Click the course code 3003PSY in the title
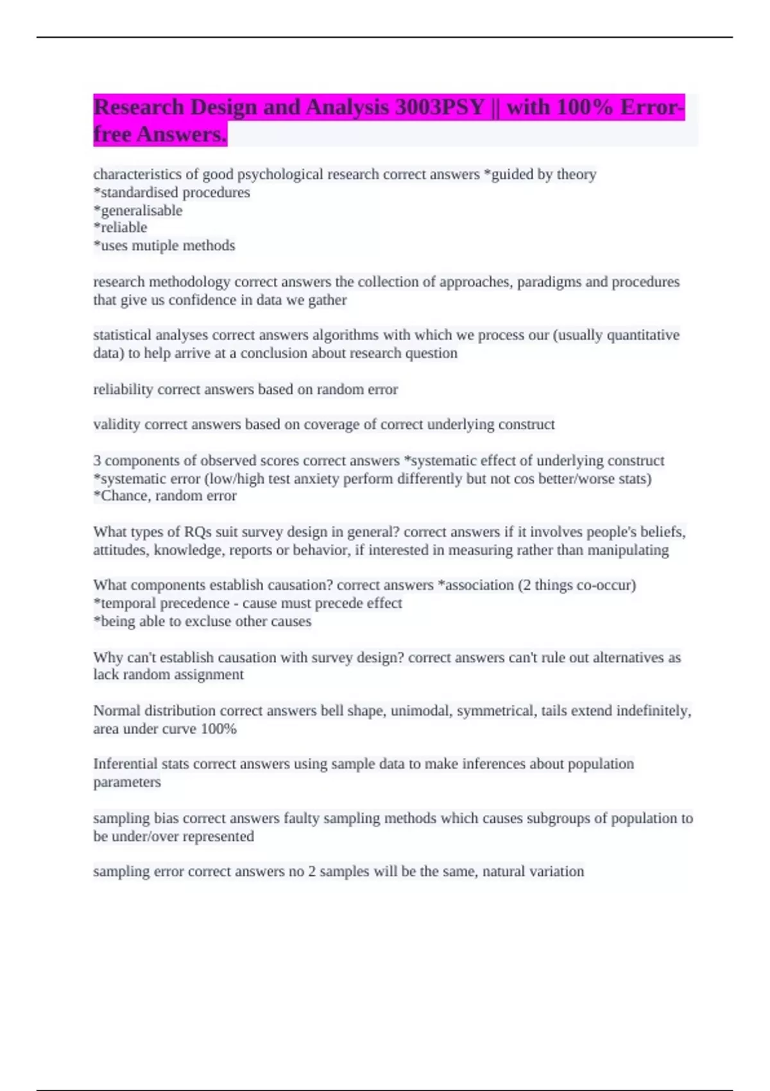click(x=440, y=107)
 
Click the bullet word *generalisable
click(x=138, y=210)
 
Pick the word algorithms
click(x=341, y=335)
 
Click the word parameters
click(x=127, y=782)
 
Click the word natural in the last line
click(x=504, y=872)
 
